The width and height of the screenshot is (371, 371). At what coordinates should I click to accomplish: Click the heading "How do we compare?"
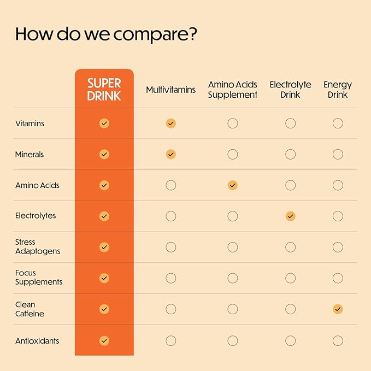coord(106,34)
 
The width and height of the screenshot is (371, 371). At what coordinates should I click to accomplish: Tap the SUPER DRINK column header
coord(104,90)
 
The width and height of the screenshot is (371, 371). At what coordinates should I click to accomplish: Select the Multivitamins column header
coord(170,90)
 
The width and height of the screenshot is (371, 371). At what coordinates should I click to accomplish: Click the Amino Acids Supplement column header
coord(233,90)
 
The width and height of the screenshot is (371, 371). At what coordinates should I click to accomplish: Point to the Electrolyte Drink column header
coord(290,90)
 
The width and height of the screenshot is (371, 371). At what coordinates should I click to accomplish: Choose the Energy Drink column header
coord(338,90)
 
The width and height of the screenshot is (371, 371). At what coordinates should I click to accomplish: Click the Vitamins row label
coord(30,123)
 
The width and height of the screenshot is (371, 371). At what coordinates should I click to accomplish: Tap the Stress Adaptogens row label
coord(38,246)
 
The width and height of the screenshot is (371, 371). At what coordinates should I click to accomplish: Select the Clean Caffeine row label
coord(30,309)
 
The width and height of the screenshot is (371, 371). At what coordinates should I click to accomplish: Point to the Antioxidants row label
coord(37,341)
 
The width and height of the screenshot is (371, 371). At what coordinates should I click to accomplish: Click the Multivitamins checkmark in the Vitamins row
coord(171,123)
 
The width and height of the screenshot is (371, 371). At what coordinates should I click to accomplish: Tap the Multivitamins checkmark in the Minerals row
coord(171,155)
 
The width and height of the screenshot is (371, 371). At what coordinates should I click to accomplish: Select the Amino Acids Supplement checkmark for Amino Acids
coord(233,185)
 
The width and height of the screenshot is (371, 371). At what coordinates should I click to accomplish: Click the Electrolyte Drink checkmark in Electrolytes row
coord(291,216)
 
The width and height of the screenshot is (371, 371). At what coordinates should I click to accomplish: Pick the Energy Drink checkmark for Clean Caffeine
coord(338,309)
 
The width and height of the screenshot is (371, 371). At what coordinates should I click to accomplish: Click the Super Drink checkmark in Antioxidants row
coord(104,341)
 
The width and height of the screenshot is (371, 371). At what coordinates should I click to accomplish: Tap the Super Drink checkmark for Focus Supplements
coord(104,278)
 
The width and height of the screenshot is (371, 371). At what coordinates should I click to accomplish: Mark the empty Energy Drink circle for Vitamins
coord(338,123)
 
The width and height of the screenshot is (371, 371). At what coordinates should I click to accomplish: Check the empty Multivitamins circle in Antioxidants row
coord(171,341)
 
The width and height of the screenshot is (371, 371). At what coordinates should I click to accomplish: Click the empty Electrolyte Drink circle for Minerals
coord(291,155)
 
